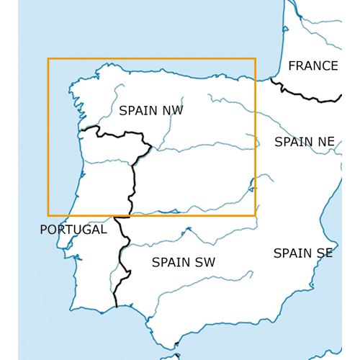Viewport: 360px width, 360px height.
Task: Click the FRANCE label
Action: coord(312,66)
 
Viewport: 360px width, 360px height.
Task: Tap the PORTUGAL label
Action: coord(73,230)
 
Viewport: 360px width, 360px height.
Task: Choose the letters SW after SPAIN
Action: coord(205,262)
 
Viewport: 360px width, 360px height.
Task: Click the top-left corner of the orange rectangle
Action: coord(48,59)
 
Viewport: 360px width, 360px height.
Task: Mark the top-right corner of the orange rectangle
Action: coord(256,59)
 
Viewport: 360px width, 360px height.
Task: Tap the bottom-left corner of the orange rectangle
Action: coord(48,215)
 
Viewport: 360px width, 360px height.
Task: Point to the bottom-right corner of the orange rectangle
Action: coord(256,215)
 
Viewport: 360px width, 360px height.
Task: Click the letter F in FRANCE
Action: coord(292,66)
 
